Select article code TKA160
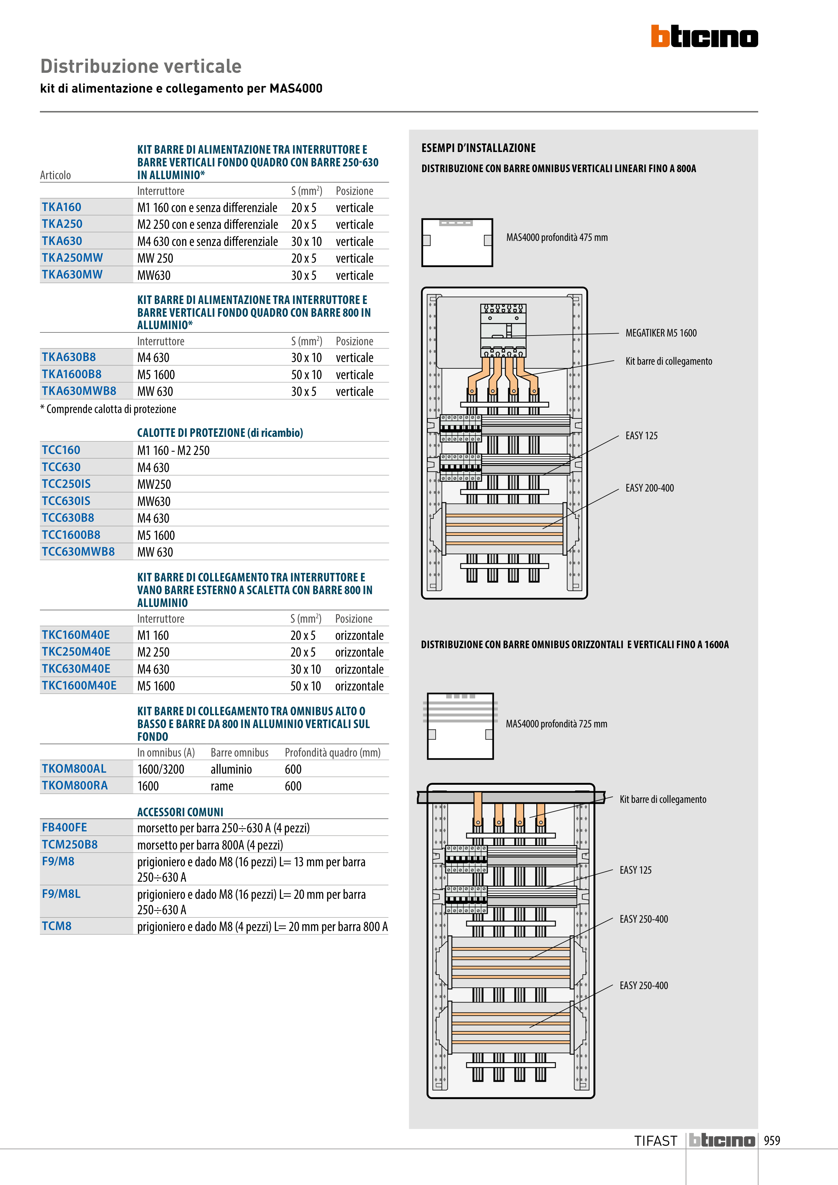pyautogui.click(x=61, y=207)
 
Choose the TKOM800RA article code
pyautogui.click(x=75, y=785)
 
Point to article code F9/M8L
pyautogui.click(x=61, y=894)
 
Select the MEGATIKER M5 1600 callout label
pyautogui.click(x=661, y=333)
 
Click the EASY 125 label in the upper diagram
pyautogui.click(x=641, y=435)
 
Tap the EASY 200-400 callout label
pyautogui.click(x=649, y=488)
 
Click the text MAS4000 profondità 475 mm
pyautogui.click(x=557, y=238)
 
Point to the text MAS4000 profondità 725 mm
pyautogui.click(x=556, y=724)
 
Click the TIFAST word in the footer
pyautogui.click(x=655, y=1141)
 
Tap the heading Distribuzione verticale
pyautogui.click(x=141, y=66)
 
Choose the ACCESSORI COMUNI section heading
pyautogui.click(x=180, y=812)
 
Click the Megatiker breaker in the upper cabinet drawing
pyautogui.click(x=503, y=330)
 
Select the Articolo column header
pyautogui.click(x=55, y=175)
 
